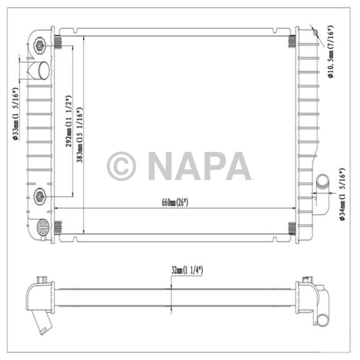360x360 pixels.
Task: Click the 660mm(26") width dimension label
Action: [175, 203]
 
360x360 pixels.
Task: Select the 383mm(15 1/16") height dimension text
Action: [80, 135]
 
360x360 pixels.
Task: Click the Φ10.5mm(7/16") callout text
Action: [331, 51]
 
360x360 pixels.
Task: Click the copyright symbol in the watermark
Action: [121, 166]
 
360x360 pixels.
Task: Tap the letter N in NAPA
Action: [162, 166]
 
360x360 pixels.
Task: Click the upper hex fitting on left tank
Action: [40, 46]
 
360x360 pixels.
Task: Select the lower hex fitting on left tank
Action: [40, 195]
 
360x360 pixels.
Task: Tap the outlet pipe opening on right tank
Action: [322, 182]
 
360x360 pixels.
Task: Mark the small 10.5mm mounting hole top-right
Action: [315, 33]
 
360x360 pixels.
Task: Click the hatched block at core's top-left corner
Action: [58, 42]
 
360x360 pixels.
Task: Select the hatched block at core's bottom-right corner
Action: [292, 226]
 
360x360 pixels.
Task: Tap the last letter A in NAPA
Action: [237, 166]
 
